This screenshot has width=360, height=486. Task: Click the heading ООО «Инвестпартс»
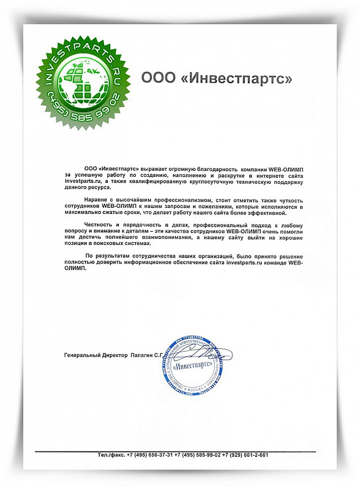[x=216, y=78]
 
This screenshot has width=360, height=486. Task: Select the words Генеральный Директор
[x=96, y=355]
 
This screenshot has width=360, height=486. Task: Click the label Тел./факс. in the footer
[x=111, y=455]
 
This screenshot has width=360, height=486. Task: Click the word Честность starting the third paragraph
[x=100, y=225]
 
